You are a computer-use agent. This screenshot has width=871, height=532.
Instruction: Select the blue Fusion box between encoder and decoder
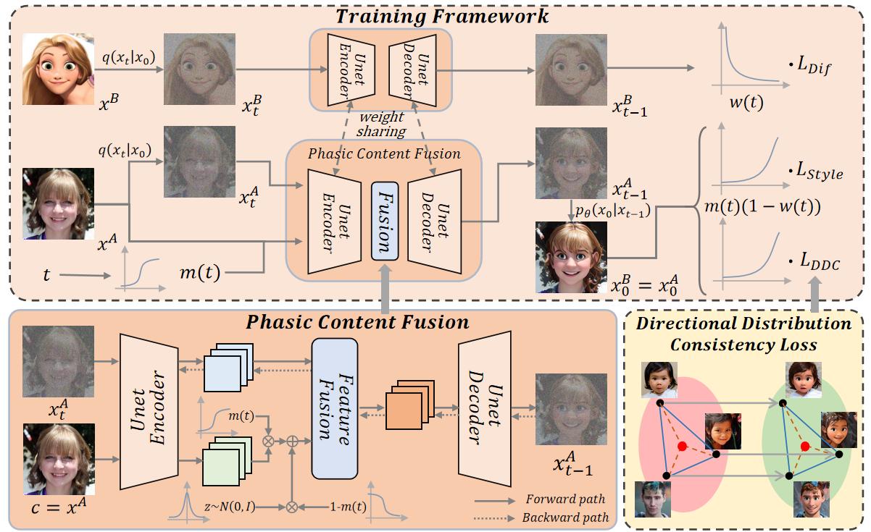385,220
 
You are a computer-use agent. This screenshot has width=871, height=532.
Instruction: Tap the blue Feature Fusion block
336,408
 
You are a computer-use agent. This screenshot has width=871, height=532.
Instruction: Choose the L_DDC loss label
815,266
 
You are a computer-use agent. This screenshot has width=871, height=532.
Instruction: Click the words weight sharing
382,124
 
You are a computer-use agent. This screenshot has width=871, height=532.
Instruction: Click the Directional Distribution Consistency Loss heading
743,334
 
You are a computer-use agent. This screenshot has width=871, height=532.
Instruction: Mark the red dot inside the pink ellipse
681,447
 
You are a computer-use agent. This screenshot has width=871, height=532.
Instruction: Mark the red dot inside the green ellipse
804,446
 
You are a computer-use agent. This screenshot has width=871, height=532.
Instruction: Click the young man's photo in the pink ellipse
652,499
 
